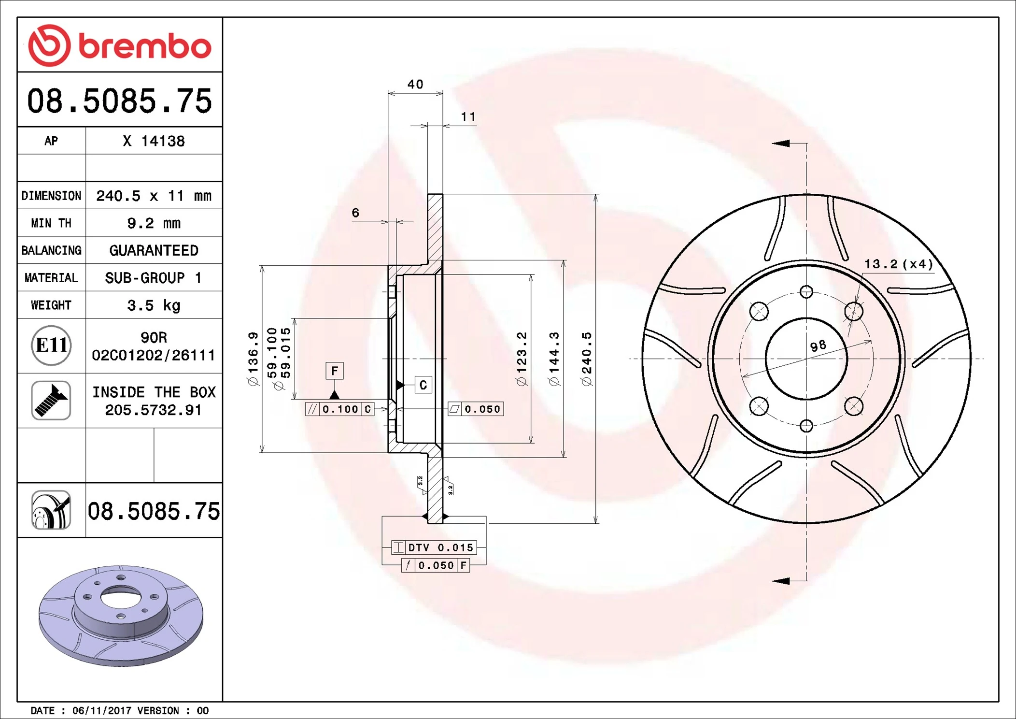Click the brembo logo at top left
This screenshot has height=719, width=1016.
click(119, 45)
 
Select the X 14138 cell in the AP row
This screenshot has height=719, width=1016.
click(154, 141)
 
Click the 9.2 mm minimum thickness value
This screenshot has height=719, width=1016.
click(154, 223)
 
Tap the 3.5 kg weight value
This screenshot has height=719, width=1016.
click(154, 305)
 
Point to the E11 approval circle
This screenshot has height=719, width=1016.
click(51, 345)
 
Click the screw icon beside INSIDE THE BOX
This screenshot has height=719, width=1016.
click(51, 401)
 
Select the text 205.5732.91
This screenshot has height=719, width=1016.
click(153, 410)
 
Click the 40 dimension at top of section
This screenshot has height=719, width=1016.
click(415, 85)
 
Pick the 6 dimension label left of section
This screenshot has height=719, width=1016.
click(355, 213)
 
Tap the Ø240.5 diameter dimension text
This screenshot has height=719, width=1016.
click(586, 359)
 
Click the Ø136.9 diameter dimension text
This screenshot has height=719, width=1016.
click(253, 359)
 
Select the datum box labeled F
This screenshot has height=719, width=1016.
click(334, 371)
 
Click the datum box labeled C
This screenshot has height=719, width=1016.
click(423, 385)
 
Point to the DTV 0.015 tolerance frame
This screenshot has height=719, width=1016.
click(434, 547)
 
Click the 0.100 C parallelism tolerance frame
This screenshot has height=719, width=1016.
click(340, 409)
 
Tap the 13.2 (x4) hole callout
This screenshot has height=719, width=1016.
click(898, 264)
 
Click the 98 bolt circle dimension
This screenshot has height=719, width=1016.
click(818, 346)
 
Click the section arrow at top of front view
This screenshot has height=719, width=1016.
click(781, 144)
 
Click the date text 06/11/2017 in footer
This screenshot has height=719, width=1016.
click(101, 711)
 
